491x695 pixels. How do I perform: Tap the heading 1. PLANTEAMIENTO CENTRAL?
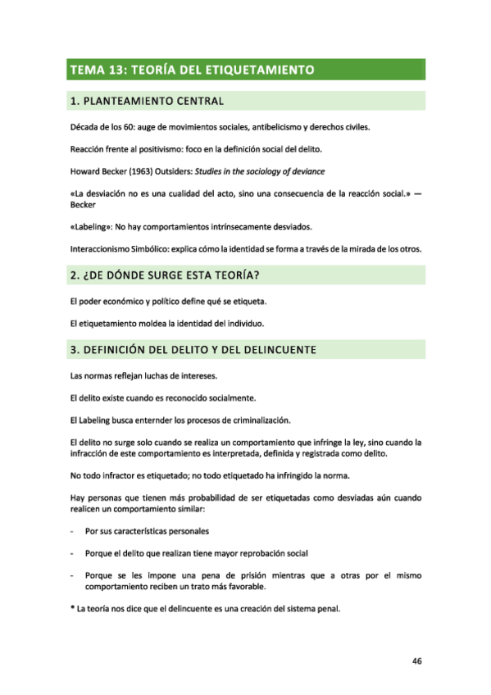point(148,102)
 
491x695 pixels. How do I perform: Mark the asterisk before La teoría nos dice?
point(74,607)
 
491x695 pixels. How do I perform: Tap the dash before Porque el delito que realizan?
point(74,553)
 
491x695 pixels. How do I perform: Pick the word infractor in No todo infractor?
point(123,475)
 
